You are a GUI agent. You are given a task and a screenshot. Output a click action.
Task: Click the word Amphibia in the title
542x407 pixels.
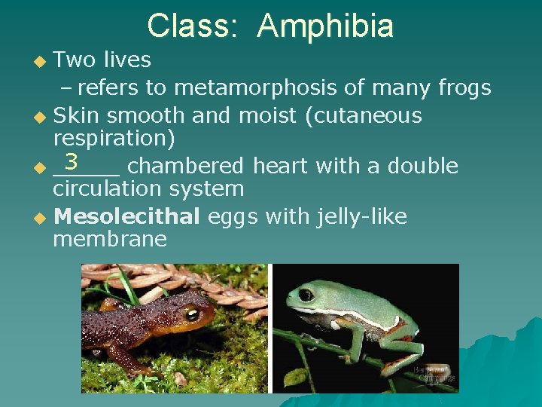coord(324,26)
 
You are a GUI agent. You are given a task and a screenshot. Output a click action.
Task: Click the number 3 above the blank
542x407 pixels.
coord(72,161)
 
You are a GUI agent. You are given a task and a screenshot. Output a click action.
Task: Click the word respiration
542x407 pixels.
coord(114,139)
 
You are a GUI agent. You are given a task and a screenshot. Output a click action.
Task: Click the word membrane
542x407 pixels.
coord(110,240)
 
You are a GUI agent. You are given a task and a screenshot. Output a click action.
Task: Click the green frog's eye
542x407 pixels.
coord(306,294)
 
